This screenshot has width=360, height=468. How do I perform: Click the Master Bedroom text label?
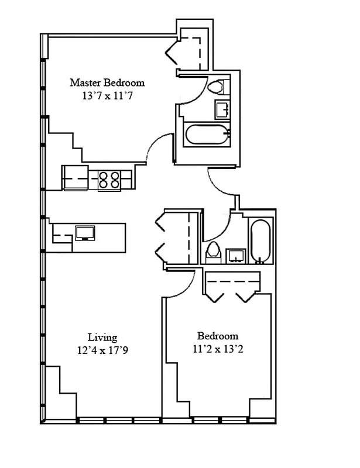[107, 82]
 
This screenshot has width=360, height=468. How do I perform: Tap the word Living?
[102, 337]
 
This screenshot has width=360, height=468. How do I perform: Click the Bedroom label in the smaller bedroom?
[218, 336]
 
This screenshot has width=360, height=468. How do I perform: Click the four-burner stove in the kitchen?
[109, 178]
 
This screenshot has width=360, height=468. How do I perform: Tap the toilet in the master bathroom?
[217, 87]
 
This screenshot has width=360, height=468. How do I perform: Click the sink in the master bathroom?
[222, 109]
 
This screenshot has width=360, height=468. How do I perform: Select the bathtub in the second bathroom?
[259, 240]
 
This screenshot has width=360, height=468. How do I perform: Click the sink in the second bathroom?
[236, 254]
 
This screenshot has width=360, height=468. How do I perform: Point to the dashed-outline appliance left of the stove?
[74, 178]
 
